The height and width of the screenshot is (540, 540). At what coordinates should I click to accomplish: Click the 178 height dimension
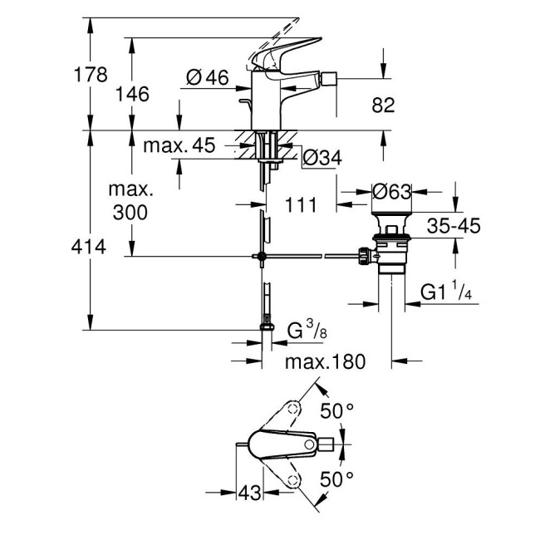click(91, 75)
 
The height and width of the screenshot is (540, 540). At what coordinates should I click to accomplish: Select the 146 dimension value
click(132, 94)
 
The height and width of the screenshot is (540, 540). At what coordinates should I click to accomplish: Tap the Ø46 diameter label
click(207, 77)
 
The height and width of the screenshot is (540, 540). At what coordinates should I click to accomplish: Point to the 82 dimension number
click(383, 105)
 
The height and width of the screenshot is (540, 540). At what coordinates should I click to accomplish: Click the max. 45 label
click(179, 146)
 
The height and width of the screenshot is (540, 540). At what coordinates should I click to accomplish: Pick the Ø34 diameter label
click(322, 156)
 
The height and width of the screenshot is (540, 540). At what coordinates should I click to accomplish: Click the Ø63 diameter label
click(392, 193)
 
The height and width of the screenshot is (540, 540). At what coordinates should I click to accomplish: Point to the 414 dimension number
click(91, 246)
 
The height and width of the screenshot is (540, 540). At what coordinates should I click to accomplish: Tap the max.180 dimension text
click(325, 362)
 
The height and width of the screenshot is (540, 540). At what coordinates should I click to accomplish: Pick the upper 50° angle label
click(337, 410)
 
